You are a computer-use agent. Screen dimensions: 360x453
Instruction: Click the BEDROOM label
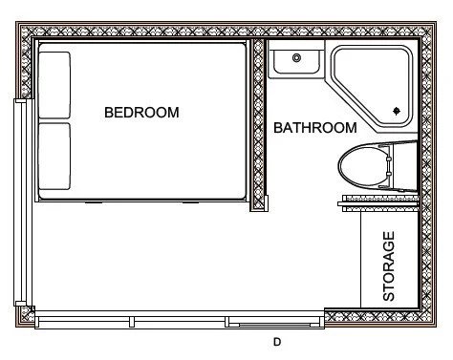click(x=141, y=112)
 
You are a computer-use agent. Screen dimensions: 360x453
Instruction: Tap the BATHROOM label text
click(x=315, y=127)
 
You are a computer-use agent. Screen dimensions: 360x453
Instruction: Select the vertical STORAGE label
click(x=389, y=266)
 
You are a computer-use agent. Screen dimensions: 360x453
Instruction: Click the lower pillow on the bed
click(x=54, y=157)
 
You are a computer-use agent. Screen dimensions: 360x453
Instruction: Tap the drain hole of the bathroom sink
click(x=297, y=59)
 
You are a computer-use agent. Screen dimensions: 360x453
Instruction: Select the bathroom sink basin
click(x=296, y=62)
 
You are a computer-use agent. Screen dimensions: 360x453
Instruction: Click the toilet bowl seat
click(x=364, y=168)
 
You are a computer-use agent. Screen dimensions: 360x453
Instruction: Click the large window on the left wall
click(x=16, y=201)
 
